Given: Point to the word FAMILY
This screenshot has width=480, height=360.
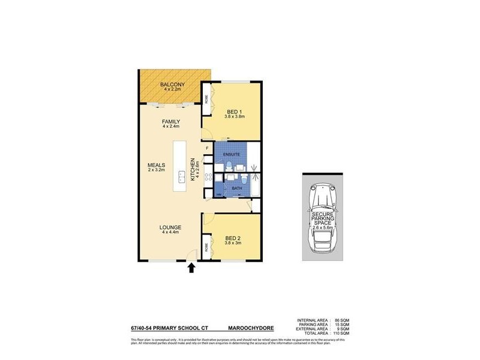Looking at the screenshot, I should click(171, 122).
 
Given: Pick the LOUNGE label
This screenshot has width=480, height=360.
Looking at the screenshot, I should click(170, 227).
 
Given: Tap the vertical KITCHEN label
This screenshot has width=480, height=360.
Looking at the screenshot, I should click(193, 169).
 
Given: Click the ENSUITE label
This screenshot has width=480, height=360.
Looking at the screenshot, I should click(232, 155).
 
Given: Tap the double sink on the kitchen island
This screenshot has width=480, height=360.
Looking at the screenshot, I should click(181, 176).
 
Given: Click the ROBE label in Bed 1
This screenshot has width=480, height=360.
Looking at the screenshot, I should click(206, 100).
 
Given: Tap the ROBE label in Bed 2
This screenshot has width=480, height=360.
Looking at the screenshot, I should click(206, 245).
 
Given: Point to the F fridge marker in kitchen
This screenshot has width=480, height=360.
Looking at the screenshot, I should click(207, 147).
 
